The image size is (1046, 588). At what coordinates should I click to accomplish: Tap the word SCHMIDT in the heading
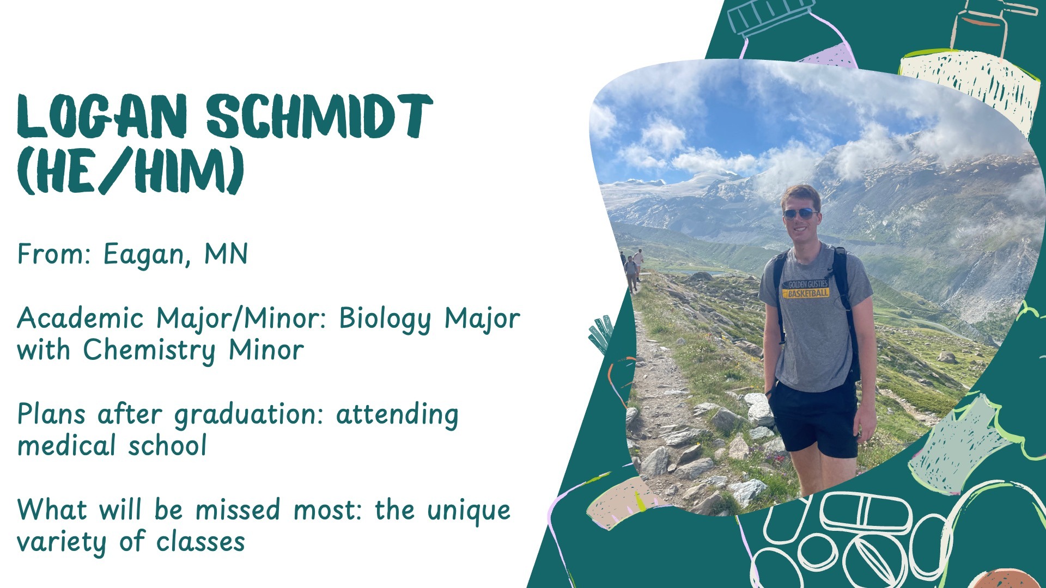(320, 116)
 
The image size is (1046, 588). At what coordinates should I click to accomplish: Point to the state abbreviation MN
(226, 254)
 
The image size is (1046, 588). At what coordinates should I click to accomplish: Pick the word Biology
(385, 320)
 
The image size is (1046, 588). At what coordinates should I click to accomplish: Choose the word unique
(469, 511)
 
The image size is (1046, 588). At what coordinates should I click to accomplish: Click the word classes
(200, 542)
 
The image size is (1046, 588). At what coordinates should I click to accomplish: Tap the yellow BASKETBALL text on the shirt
(808, 293)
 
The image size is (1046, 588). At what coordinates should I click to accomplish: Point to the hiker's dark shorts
(813, 418)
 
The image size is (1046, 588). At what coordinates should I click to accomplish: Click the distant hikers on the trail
(633, 268)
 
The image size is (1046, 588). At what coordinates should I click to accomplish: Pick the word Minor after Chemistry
(266, 350)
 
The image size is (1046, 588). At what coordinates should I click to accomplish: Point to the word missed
(238, 510)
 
